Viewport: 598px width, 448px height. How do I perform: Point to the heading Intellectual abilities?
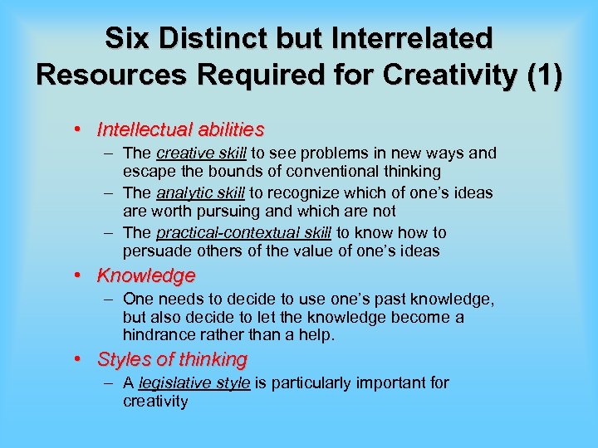181,129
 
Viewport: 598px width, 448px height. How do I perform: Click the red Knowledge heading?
146,275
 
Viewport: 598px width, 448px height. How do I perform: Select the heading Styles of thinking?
173,359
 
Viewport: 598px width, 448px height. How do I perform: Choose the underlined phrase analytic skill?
200,192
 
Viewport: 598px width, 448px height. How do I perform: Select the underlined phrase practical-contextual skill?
243,232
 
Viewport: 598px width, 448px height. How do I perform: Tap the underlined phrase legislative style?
194,382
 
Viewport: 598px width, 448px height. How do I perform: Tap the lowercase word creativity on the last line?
155,402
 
